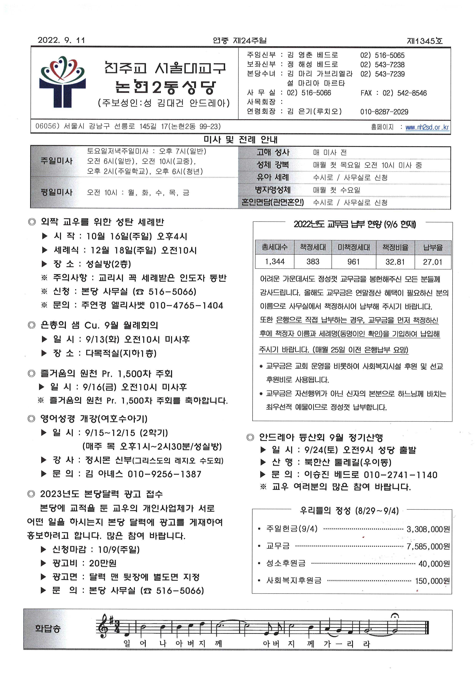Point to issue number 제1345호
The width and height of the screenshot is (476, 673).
[x=424, y=41]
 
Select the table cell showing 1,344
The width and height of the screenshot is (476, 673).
[x=275, y=262]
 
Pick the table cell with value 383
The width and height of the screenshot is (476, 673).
[x=313, y=262]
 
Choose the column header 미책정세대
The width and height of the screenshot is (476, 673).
[x=354, y=247]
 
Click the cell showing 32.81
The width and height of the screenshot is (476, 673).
[x=395, y=262]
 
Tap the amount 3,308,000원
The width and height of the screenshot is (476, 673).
[x=428, y=529]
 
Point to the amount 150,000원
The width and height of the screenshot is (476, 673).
[x=432, y=581]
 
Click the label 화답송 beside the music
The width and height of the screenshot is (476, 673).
[x=47, y=628]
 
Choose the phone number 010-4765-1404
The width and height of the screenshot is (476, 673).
[x=186, y=306]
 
